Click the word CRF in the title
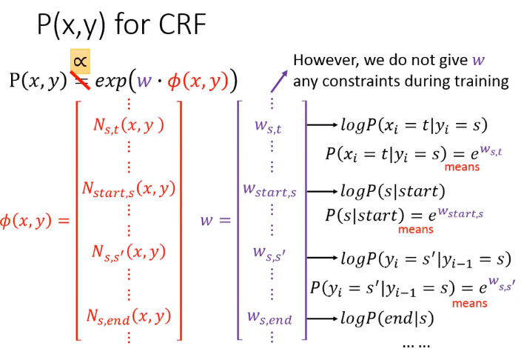182,24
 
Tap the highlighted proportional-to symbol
80,61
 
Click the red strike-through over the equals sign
80,81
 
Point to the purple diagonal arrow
279,81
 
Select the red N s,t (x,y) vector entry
129,126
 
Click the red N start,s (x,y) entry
129,190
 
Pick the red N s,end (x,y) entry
129,316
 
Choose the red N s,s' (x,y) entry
129,253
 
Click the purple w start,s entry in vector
269,190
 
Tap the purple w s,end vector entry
269,318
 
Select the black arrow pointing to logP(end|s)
322,319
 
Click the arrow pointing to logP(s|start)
322,191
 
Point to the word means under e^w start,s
416,229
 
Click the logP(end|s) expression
388,319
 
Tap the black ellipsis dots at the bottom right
416,346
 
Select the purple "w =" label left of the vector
215,221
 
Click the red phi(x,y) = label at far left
35,221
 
